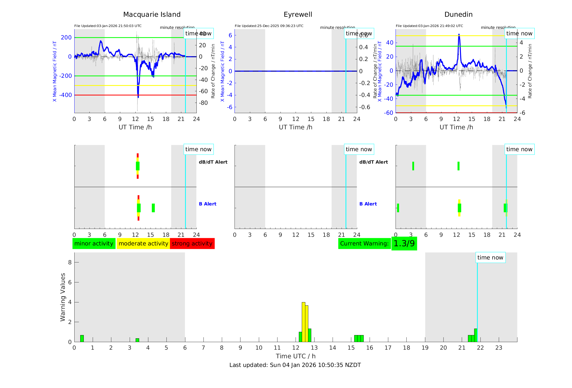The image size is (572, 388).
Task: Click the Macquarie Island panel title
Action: coord(152,15)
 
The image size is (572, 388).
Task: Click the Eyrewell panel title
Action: coord(298,15)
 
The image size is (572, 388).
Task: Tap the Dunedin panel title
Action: coord(458,15)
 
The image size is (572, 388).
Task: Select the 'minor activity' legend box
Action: coord(94,244)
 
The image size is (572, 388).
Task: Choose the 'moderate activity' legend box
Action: coord(143,244)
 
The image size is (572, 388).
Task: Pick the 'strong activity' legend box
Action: coord(192,244)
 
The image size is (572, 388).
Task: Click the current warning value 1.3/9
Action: coord(404,244)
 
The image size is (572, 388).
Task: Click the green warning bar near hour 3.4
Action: coord(137,340)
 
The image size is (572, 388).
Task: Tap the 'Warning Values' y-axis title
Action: coord(63,297)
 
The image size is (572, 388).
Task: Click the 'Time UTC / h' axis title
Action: coord(296,356)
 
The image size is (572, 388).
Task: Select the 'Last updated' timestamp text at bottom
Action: coord(295,365)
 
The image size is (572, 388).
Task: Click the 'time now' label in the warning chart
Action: coord(490,258)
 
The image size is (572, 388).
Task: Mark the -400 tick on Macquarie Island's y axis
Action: coord(66,95)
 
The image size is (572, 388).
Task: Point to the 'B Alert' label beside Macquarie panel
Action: coord(208,204)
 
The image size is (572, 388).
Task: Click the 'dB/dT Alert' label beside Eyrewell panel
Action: coord(373,162)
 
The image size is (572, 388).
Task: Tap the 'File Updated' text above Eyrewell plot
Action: coord(269,26)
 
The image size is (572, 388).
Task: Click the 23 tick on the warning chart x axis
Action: coord(499,348)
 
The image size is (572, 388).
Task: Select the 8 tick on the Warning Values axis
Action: coord(70,262)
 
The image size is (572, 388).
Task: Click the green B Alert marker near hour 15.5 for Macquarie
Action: coord(153,208)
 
